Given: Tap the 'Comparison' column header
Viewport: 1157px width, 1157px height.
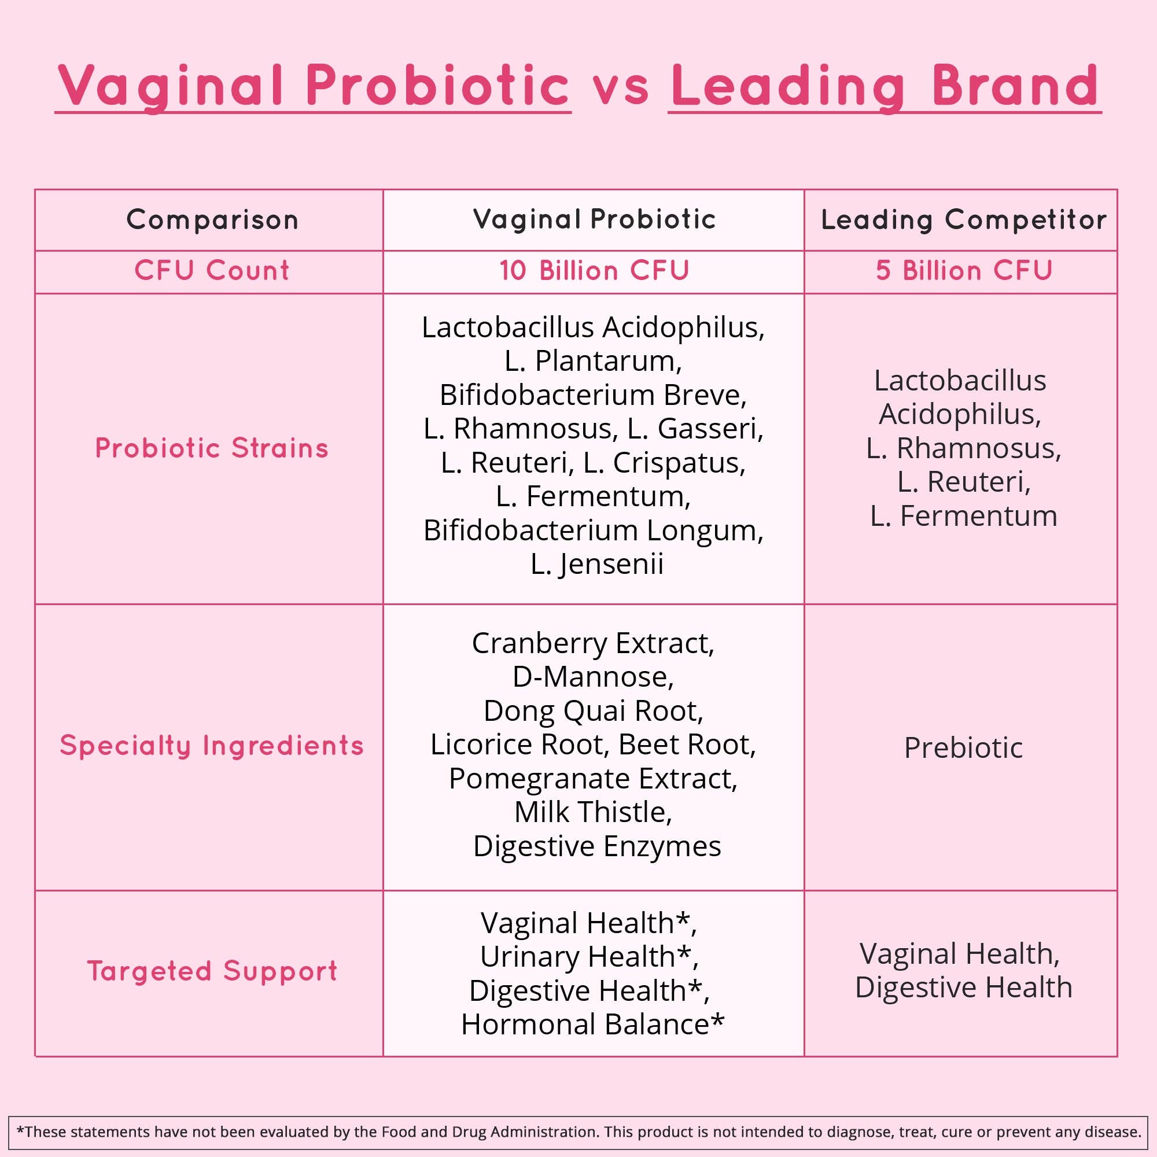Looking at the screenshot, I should pyautogui.click(x=212, y=220).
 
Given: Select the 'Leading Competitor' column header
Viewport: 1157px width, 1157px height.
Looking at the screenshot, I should pyautogui.click(x=963, y=220).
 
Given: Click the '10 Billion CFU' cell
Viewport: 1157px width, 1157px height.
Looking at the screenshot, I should pyautogui.click(x=594, y=271).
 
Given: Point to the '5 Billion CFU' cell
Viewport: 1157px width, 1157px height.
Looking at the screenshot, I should pyautogui.click(x=964, y=271).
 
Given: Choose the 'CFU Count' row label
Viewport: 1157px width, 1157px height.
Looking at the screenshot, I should pyautogui.click(x=212, y=271).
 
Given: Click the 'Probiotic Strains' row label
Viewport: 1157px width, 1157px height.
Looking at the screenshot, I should pyautogui.click(x=212, y=448).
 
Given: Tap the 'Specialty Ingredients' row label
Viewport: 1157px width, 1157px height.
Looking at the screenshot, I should pyautogui.click(x=212, y=746).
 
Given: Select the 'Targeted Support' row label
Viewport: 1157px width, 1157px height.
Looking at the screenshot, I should pyautogui.click(x=212, y=971).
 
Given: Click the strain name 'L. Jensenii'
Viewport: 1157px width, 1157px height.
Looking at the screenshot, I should pyautogui.click(x=596, y=564).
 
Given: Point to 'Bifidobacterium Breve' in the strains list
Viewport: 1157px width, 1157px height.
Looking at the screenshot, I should pyautogui.click(x=593, y=395).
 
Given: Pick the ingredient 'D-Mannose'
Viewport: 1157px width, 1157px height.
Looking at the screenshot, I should pyautogui.click(x=593, y=677).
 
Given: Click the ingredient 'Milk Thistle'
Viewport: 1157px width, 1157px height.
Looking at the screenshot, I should pyautogui.click(x=593, y=813).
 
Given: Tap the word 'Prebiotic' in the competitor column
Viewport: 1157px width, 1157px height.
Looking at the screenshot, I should pyautogui.click(x=963, y=748).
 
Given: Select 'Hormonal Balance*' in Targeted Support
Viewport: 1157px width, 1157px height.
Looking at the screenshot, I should pyautogui.click(x=592, y=1025).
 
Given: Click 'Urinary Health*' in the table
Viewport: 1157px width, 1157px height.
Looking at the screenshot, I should pyautogui.click(x=589, y=957).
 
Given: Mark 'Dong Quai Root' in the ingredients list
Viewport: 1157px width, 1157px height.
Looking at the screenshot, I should pyautogui.click(x=593, y=712).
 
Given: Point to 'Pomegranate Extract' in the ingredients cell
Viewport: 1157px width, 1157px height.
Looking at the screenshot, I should pyautogui.click(x=593, y=779).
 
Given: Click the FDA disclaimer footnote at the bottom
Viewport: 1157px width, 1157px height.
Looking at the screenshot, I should pyautogui.click(x=578, y=1132).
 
